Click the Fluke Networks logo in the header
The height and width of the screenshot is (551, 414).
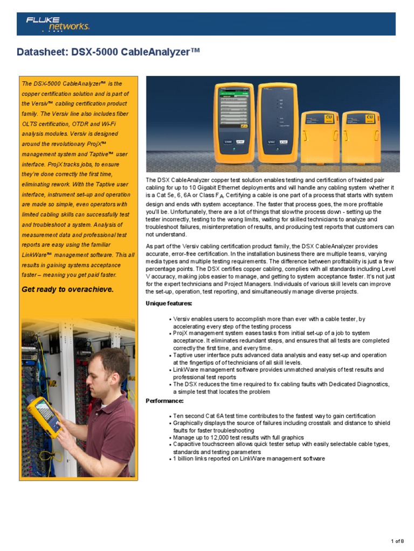pyautogui.click(x=57, y=24)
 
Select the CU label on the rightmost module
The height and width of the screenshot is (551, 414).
pyautogui.click(x=370, y=117)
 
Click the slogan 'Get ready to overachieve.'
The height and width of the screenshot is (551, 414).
pyautogui.click(x=67, y=289)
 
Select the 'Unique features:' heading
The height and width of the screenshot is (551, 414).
pyautogui.click(x=169, y=303)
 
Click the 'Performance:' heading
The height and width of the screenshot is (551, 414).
pyautogui.click(x=164, y=401)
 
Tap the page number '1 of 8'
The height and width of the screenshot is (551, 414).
pyautogui.click(x=399, y=541)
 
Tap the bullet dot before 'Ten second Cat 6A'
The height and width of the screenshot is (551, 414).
pyautogui.click(x=170, y=416)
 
